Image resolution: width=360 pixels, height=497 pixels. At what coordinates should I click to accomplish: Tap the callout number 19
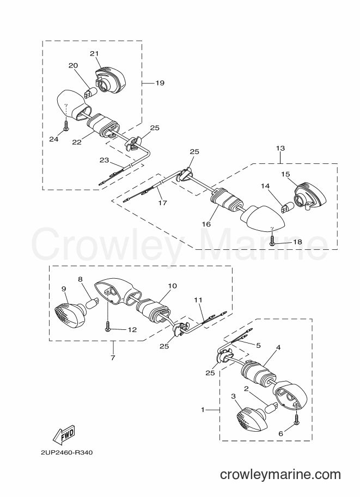pyautogui.click(x=160, y=83)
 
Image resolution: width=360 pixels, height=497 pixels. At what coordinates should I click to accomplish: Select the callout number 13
pyautogui.click(x=280, y=148)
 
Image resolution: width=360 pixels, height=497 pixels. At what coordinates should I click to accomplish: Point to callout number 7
pyautogui.click(x=113, y=358)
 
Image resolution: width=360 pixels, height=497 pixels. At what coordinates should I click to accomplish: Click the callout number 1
pyautogui.click(x=203, y=410)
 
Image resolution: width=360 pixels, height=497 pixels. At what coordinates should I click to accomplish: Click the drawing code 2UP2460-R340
pyautogui.click(x=66, y=452)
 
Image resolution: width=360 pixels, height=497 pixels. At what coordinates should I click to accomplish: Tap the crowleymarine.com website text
pyautogui.click(x=280, y=475)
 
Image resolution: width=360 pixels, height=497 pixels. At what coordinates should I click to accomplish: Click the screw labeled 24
pyautogui.click(x=66, y=125)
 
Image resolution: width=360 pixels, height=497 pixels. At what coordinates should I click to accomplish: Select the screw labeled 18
pyautogui.click(x=272, y=241)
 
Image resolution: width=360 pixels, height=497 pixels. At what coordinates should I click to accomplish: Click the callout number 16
pyautogui.click(x=206, y=224)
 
